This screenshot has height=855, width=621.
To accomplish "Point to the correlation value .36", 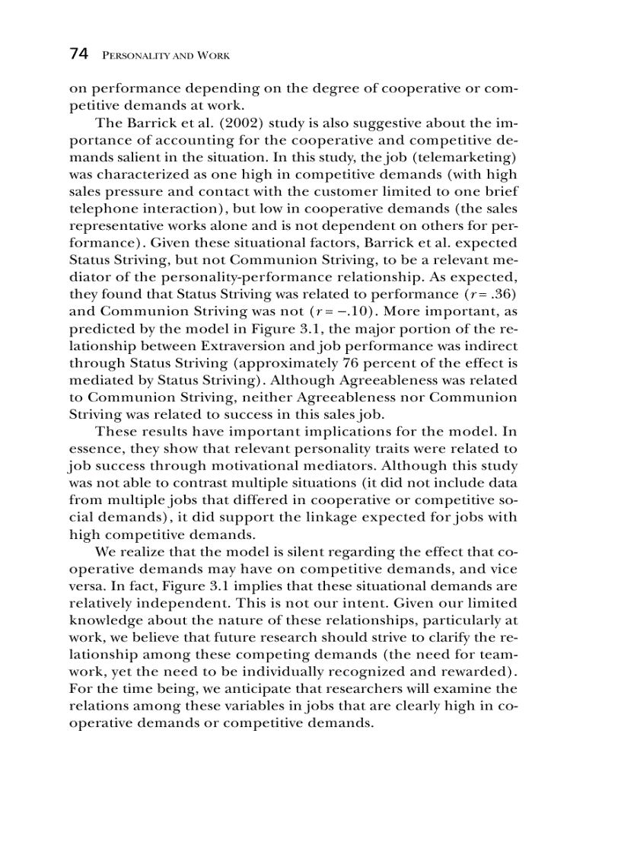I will [503, 294].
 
